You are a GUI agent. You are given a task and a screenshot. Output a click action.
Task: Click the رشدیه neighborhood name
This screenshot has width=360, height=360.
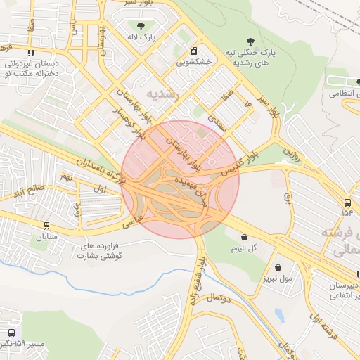[x=162, y=93]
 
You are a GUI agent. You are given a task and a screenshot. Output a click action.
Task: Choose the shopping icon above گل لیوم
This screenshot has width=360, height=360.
[x=243, y=238]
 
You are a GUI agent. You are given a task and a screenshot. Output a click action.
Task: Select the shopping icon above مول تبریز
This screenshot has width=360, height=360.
[x=279, y=267]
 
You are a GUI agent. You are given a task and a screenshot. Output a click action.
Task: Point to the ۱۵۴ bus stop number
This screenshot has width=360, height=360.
[x=347, y=212]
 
